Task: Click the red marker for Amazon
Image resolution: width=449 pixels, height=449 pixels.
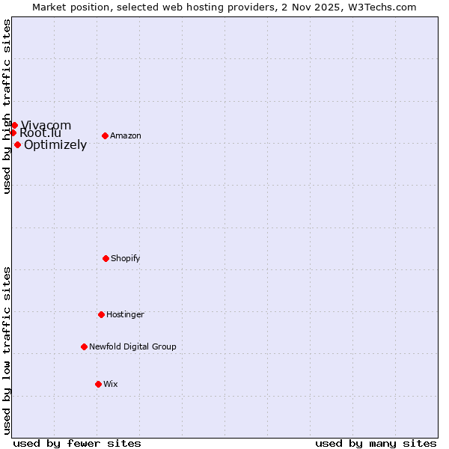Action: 105,135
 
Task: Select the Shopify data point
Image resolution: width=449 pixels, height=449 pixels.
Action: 106,258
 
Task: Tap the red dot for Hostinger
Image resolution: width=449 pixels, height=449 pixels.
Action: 101,314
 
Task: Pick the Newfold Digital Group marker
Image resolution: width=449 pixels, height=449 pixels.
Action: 84,346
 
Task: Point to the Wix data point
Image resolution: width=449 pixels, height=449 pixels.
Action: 98,384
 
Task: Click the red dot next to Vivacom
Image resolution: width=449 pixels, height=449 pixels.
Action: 14,125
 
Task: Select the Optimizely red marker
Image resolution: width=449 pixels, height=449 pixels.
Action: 17,144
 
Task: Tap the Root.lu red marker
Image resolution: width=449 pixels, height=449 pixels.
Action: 13,132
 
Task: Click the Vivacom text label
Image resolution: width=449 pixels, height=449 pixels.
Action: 46,125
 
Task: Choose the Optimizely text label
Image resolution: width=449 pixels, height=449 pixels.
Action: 55,145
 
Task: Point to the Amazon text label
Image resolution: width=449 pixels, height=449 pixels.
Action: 126,135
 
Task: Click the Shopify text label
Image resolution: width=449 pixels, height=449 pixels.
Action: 126,258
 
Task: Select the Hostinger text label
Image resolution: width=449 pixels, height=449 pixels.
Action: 125,314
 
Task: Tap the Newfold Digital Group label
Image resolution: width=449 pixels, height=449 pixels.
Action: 132,346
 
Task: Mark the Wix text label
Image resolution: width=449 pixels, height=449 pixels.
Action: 111,384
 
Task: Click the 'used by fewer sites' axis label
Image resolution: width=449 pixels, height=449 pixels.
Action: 77,443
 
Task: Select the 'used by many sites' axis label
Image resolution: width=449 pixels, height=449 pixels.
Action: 376,443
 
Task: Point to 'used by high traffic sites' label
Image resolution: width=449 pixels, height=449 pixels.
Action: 7,106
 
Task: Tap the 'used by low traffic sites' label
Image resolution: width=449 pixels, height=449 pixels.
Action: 7,349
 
